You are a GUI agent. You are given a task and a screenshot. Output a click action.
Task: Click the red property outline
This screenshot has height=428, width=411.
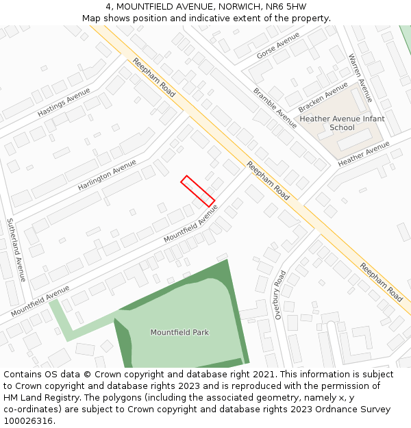click(x=198, y=191)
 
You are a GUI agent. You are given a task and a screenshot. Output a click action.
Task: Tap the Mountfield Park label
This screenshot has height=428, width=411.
click(x=179, y=333)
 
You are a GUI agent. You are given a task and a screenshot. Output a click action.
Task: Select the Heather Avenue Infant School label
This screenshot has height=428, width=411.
click(x=342, y=123)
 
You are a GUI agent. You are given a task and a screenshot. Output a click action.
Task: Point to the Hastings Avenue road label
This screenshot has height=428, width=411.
click(x=64, y=101)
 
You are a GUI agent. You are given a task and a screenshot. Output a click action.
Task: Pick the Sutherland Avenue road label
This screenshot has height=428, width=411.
click(x=16, y=250)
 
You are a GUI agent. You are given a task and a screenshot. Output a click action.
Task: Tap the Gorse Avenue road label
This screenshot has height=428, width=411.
click(x=278, y=46)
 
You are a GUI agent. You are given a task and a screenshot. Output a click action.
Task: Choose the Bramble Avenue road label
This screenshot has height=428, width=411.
click(x=275, y=108)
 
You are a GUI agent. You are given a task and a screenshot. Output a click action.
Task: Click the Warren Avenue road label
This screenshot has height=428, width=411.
click(x=360, y=77)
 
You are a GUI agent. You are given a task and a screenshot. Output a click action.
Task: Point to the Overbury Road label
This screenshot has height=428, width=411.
click(x=279, y=295)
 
